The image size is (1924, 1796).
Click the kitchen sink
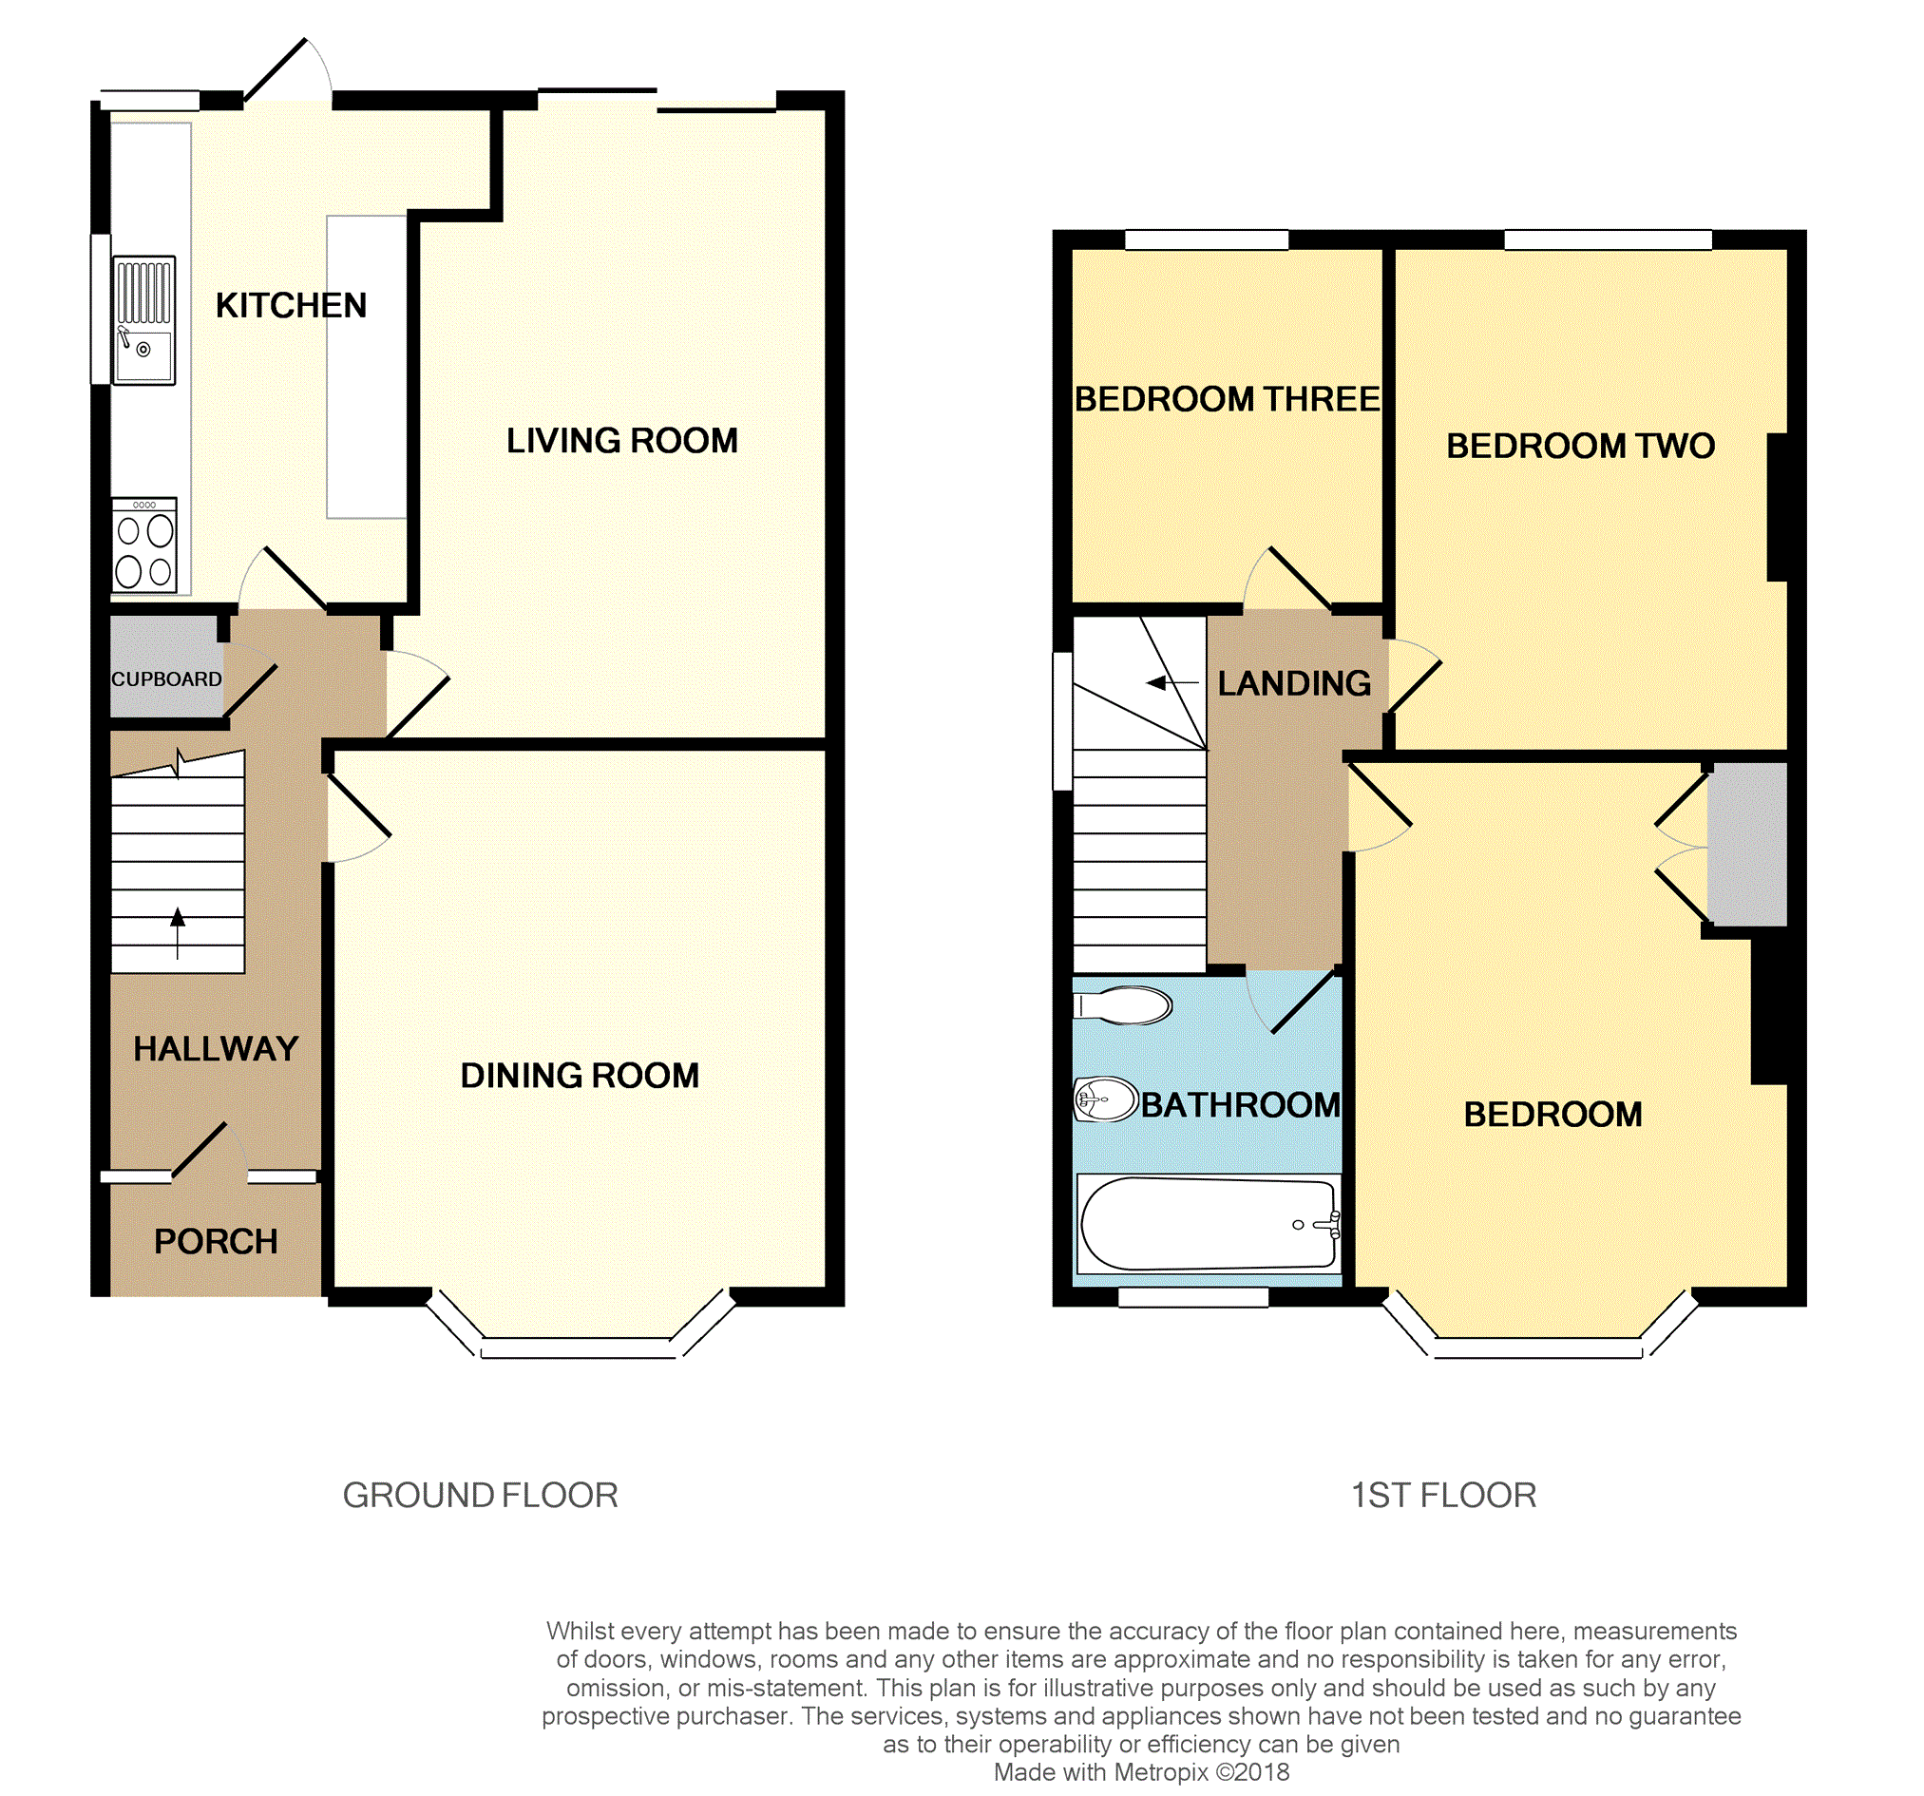(x=144, y=320)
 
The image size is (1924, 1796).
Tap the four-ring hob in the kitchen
(x=144, y=545)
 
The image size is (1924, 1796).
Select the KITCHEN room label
(x=292, y=306)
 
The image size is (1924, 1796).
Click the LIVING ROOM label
(x=622, y=441)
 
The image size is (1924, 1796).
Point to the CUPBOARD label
(x=166, y=679)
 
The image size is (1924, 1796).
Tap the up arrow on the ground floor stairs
(x=177, y=933)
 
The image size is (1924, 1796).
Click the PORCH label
(x=216, y=1242)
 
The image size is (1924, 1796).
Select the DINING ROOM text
(x=580, y=1076)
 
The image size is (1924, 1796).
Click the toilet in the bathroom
(x=1123, y=1005)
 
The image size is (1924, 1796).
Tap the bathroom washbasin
(x=1105, y=1099)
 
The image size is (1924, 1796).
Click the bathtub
(x=1209, y=1224)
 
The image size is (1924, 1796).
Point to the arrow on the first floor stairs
(x=1172, y=682)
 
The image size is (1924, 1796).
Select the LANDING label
(x=1294, y=683)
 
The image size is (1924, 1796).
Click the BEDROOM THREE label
(x=1228, y=399)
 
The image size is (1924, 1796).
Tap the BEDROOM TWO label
(x=1580, y=447)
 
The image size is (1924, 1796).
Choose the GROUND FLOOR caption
(x=480, y=1496)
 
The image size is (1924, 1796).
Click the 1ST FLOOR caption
(x=1443, y=1496)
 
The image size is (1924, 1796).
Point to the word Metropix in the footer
(x=1161, y=1773)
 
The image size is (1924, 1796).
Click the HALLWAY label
(x=216, y=1048)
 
